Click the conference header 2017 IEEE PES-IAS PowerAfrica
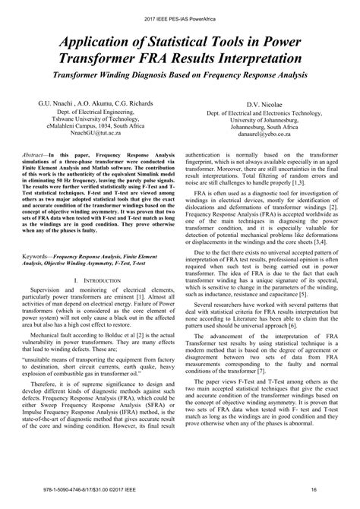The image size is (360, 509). (x=180, y=11)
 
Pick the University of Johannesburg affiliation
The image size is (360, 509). (x=264, y=119)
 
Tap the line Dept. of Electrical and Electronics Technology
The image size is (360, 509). (x=264, y=112)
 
